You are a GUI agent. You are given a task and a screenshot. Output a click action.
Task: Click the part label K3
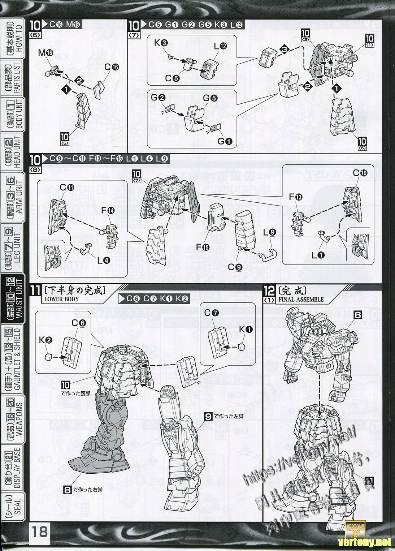coord(161,43)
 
